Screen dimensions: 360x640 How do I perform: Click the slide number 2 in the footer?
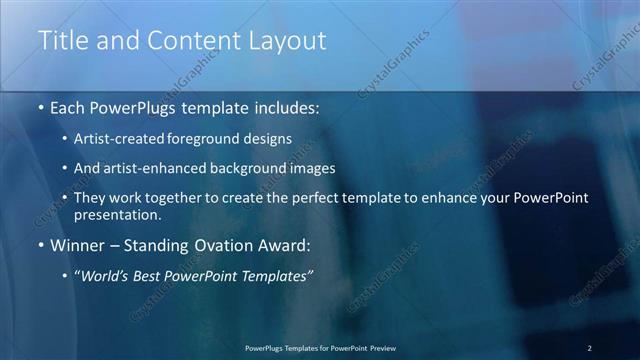point(590,347)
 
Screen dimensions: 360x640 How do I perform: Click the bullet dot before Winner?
point(40,246)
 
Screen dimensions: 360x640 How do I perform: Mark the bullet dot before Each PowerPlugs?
point(40,107)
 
